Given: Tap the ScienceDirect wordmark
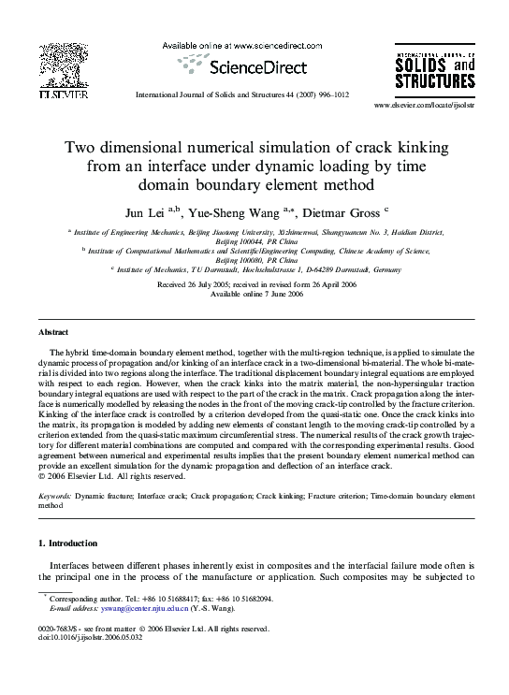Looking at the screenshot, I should click(247, 67).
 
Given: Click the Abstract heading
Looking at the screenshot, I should click(52, 333).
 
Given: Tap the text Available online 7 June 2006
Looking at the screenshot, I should click(255, 294).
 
